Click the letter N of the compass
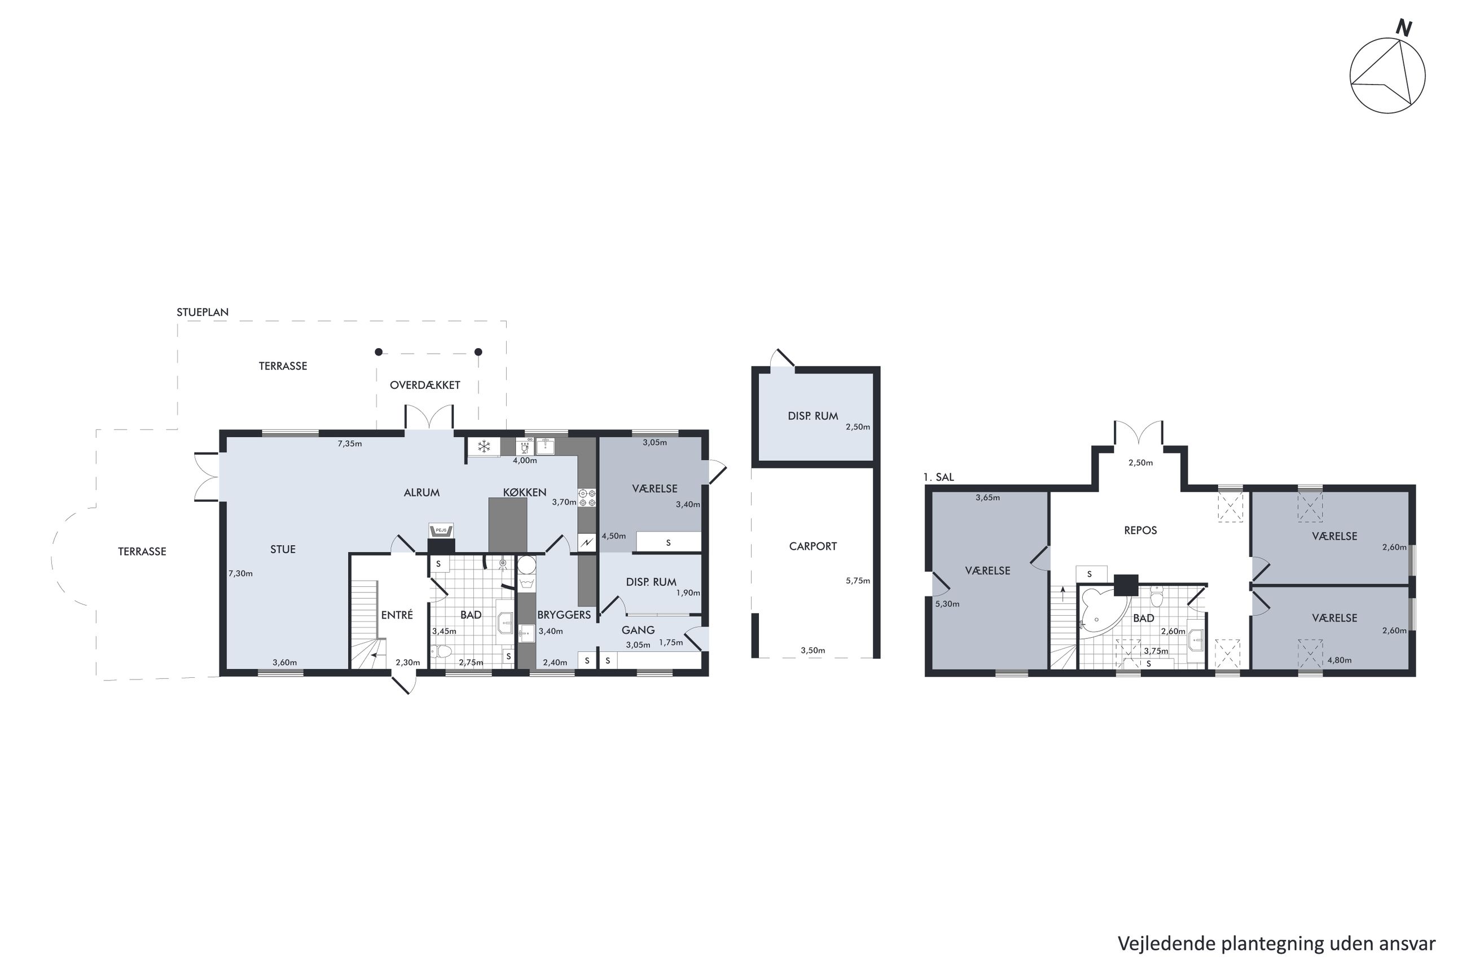coord(1403,29)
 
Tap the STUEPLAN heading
coord(203,313)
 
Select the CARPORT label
coord(812,546)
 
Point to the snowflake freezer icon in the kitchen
coord(484,446)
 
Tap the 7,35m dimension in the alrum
coord(350,444)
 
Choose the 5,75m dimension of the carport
coord(858,581)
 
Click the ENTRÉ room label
coord(397,615)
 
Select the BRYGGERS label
coord(564,615)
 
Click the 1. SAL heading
coord(939,478)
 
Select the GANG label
coord(638,630)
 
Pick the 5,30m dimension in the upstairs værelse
coord(947,604)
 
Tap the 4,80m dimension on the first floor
coord(1339,660)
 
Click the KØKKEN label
coord(525,493)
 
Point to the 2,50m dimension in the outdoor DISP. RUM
coord(858,427)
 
